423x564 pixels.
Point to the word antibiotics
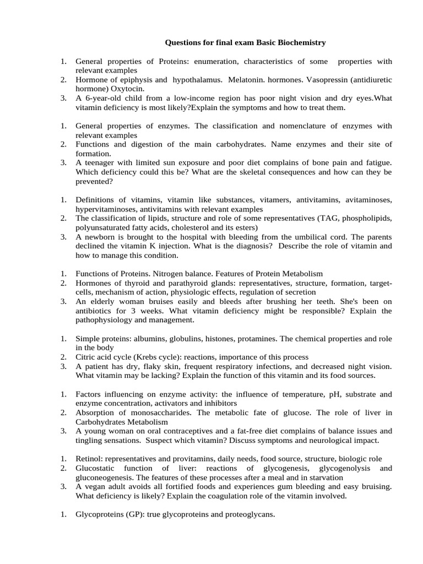pyautogui.click(x=95, y=311)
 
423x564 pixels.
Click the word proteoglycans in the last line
pyautogui.click(x=247, y=514)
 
